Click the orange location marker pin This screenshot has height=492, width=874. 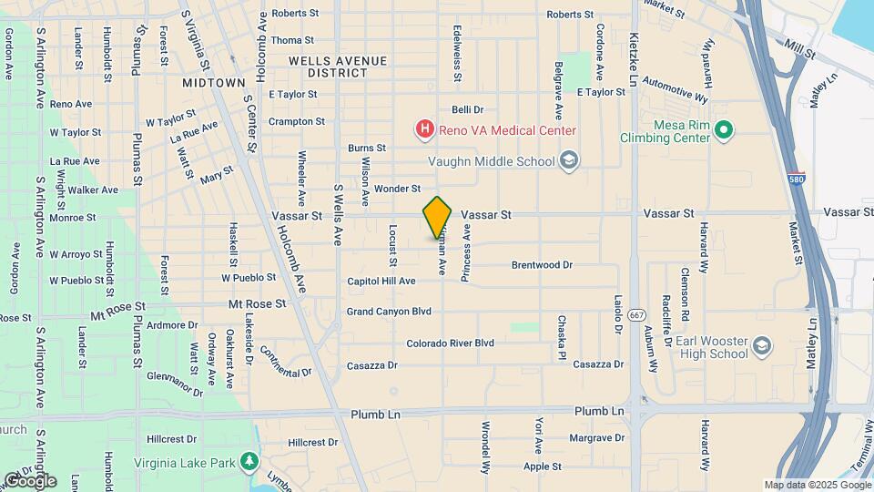[x=437, y=218]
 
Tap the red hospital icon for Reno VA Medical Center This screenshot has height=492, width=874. [x=424, y=130]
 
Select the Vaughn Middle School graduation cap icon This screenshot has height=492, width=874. [x=570, y=161]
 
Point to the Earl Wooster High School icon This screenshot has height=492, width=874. [x=761, y=346]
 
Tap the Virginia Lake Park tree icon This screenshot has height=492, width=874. [x=249, y=461]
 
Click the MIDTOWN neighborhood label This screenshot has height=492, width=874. [x=213, y=82]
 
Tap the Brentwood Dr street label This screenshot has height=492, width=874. [x=542, y=265]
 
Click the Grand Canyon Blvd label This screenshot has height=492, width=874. [x=389, y=312]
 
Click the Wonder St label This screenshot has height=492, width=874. [x=397, y=190]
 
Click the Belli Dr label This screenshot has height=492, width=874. [x=466, y=109]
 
